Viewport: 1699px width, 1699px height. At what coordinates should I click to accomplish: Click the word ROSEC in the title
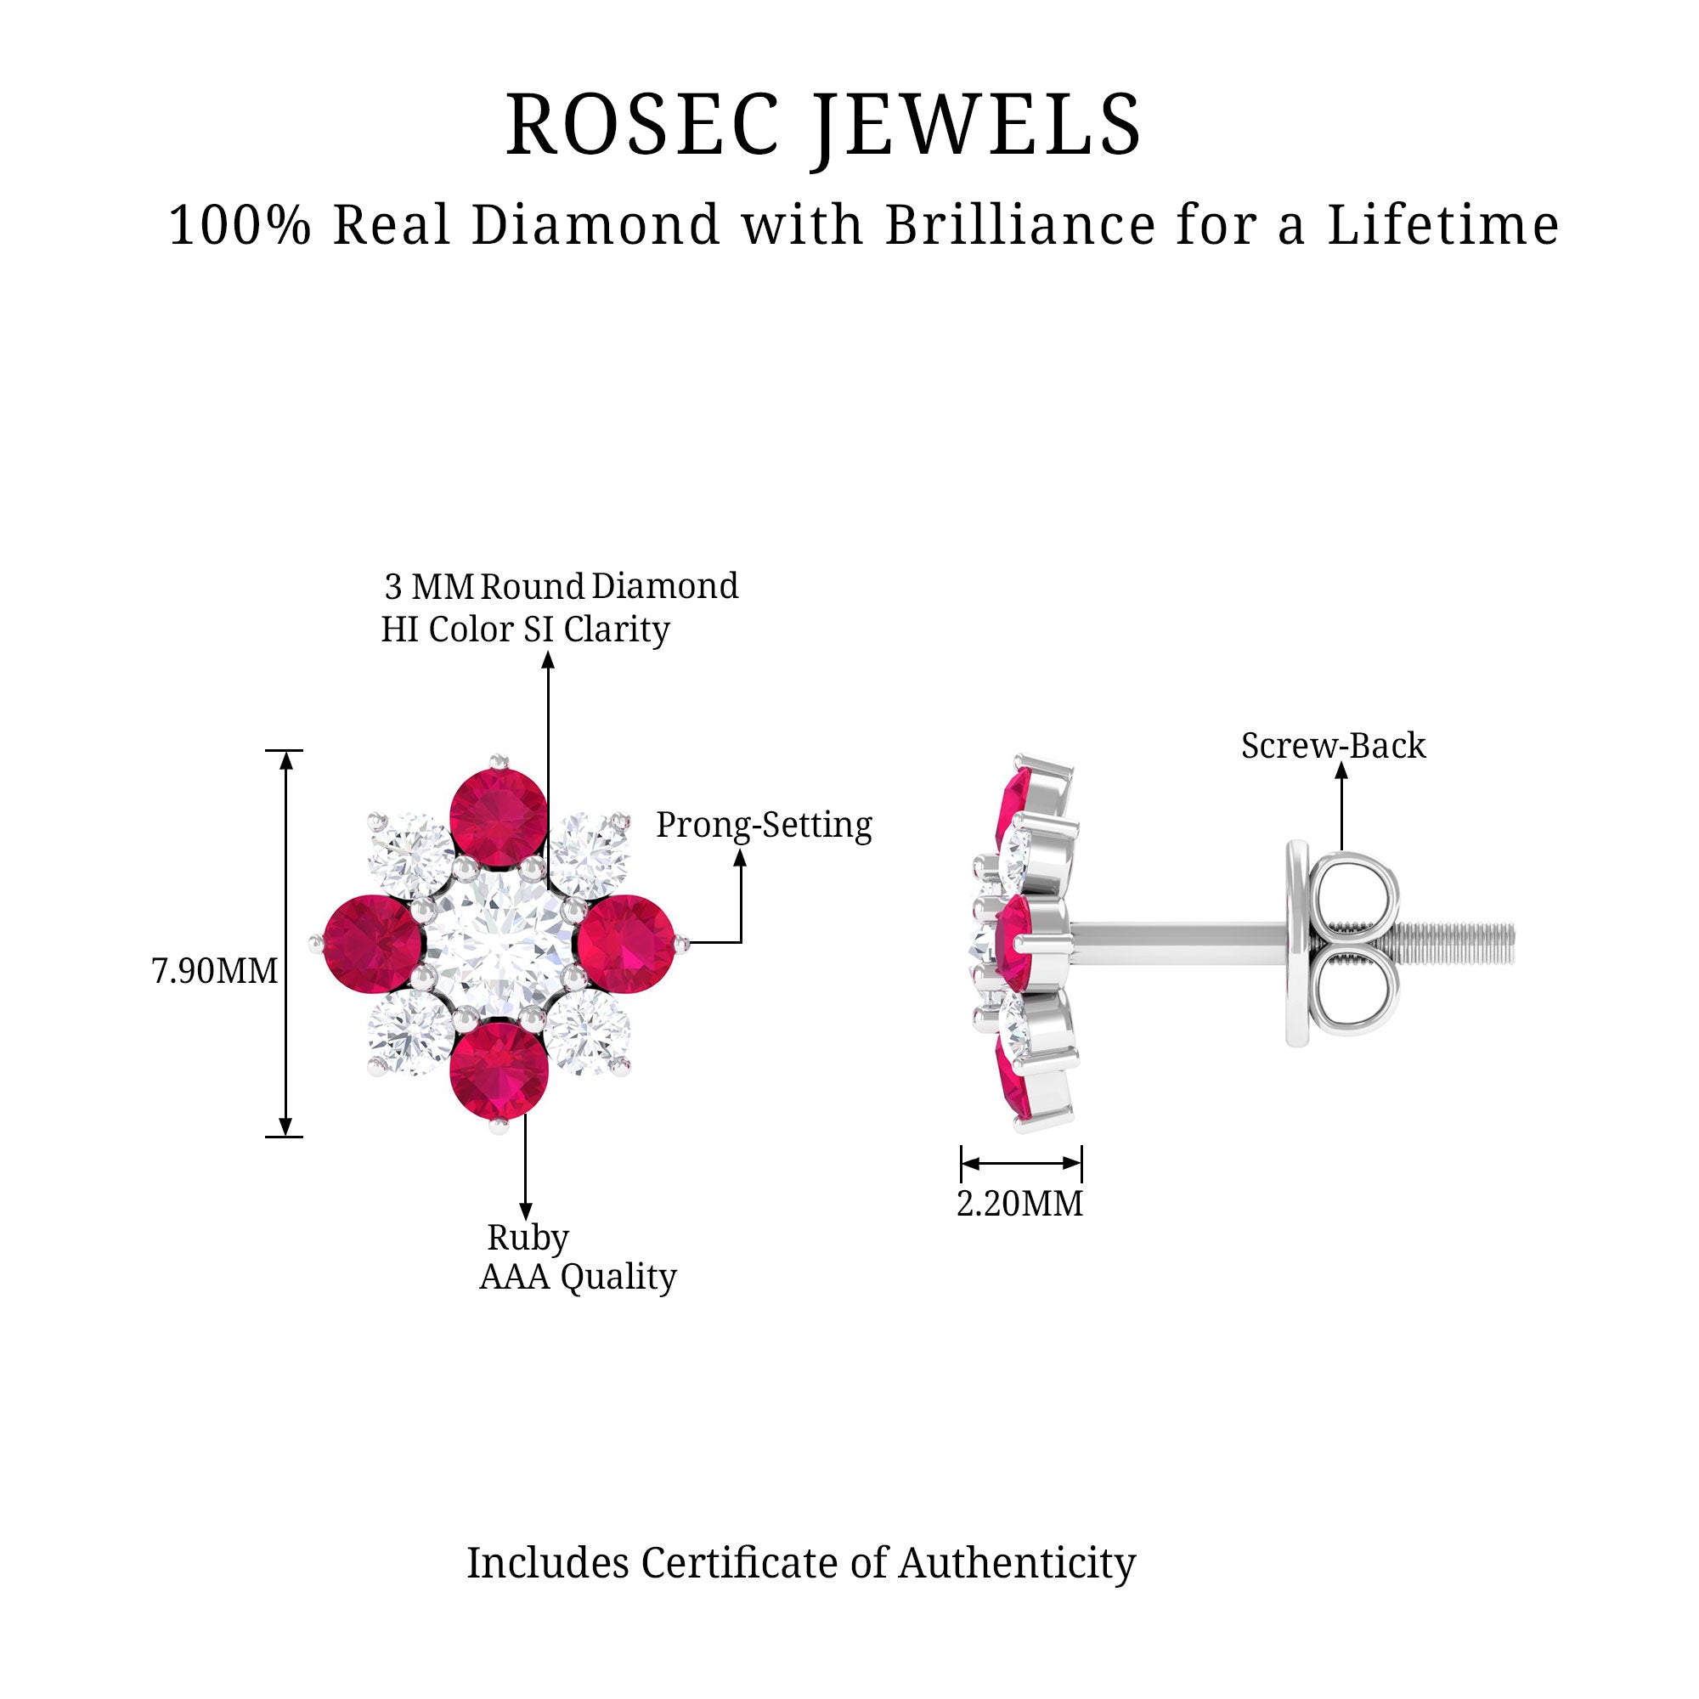coord(643,125)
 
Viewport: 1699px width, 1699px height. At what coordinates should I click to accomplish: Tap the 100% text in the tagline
coord(240,224)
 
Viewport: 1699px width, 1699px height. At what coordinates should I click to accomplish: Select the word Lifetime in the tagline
coord(1443,224)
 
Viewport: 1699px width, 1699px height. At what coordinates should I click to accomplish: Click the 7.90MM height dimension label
coord(215,971)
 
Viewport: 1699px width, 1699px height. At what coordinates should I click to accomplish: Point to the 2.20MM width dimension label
coord(1020,1204)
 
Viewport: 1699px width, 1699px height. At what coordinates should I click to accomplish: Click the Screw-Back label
coord(1333,746)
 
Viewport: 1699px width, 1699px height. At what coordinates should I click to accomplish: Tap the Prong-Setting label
coord(765,825)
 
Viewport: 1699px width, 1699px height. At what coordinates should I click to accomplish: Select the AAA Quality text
coord(578,1277)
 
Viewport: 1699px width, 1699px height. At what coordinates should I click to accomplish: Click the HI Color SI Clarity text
coord(525,629)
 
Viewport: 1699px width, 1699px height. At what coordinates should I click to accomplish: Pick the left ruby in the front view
coord(373,944)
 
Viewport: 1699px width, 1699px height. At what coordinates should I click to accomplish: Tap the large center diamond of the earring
coord(499,944)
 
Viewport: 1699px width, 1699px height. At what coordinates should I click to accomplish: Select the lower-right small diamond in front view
coord(588,1031)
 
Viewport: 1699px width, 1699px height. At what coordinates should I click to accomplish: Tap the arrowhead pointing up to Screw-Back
coord(1341,771)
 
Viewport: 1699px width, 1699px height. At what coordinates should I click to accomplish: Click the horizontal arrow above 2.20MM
coord(1021,1164)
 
